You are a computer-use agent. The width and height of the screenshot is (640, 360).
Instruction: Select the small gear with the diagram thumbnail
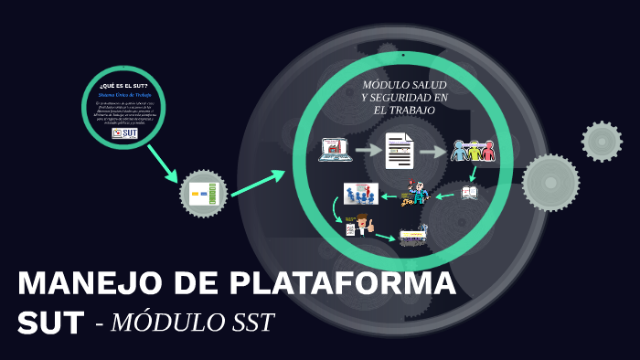point(203,193)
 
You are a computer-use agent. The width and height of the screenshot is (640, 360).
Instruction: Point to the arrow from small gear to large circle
point(259,183)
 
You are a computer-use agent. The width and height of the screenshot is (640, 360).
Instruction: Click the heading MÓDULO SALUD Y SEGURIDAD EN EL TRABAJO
point(404,97)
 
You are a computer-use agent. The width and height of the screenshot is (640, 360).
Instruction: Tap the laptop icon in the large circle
point(335,150)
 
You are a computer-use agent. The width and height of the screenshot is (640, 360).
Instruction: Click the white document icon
point(400,150)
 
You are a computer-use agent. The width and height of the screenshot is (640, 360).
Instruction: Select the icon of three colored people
point(473,151)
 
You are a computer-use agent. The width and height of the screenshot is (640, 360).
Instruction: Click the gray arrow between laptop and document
point(368,150)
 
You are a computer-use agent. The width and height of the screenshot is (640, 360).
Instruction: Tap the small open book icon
point(469,193)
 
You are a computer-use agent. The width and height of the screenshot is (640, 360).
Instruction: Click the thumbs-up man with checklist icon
point(359,225)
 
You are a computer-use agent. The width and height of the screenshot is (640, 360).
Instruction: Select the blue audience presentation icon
point(360,194)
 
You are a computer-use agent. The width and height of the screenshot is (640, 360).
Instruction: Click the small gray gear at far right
point(602,141)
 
